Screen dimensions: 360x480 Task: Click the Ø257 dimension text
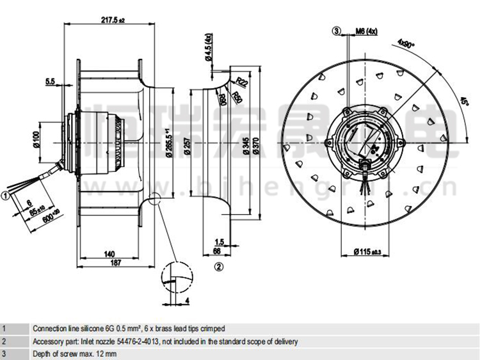[x=187, y=148]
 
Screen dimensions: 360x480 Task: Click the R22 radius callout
[x=242, y=82]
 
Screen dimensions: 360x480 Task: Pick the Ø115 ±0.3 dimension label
[x=368, y=252]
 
